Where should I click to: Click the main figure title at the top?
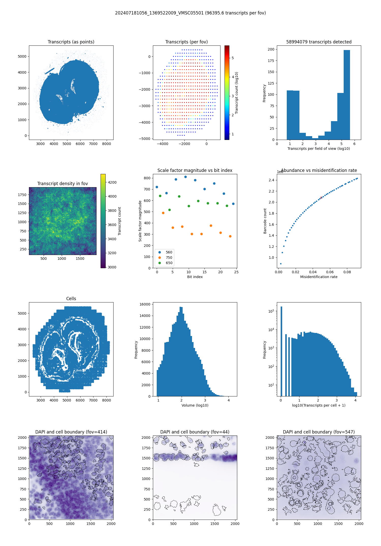click(190, 13)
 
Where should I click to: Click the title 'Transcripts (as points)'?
click(71, 42)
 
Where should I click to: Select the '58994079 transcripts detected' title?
click(319, 42)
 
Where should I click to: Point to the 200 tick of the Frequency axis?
click(271, 49)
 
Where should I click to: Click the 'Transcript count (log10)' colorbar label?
click(237, 93)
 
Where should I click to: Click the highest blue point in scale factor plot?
click(185, 177)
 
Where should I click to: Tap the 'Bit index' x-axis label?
click(195, 277)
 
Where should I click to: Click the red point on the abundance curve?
click(321, 198)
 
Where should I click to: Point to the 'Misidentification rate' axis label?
click(319, 277)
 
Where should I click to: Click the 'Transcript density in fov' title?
click(62, 184)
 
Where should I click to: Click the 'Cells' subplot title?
click(71, 299)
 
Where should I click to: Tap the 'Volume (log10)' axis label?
click(195, 405)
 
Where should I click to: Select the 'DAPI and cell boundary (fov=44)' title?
click(195, 432)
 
